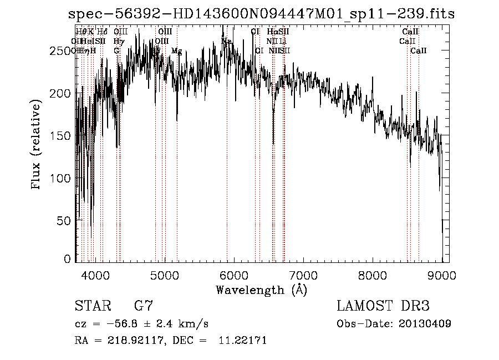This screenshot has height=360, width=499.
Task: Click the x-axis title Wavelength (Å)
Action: [261, 290]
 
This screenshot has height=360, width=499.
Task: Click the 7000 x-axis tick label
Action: [303, 275]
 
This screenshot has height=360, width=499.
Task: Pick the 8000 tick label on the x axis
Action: [373, 275]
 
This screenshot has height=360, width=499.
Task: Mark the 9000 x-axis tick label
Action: [441, 275]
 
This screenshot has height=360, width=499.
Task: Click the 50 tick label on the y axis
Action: [65, 220]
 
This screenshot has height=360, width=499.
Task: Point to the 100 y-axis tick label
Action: [62, 178]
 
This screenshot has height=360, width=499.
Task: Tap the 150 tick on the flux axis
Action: [62, 136]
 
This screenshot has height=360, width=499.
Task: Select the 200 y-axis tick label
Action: [62, 93]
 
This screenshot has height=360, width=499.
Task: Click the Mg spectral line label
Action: [176, 51]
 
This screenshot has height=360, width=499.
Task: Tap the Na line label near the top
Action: [226, 42]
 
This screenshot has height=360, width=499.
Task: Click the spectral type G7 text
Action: [144, 306]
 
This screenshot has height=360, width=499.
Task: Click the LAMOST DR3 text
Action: [383, 306]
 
